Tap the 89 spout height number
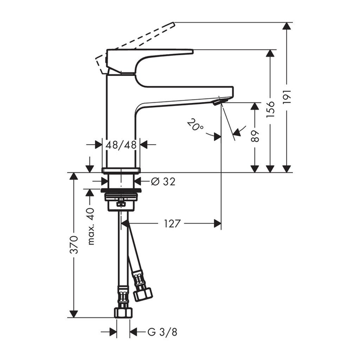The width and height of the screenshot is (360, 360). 256,136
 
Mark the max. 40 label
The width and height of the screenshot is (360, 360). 91,226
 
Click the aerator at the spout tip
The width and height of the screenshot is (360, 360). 217,102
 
